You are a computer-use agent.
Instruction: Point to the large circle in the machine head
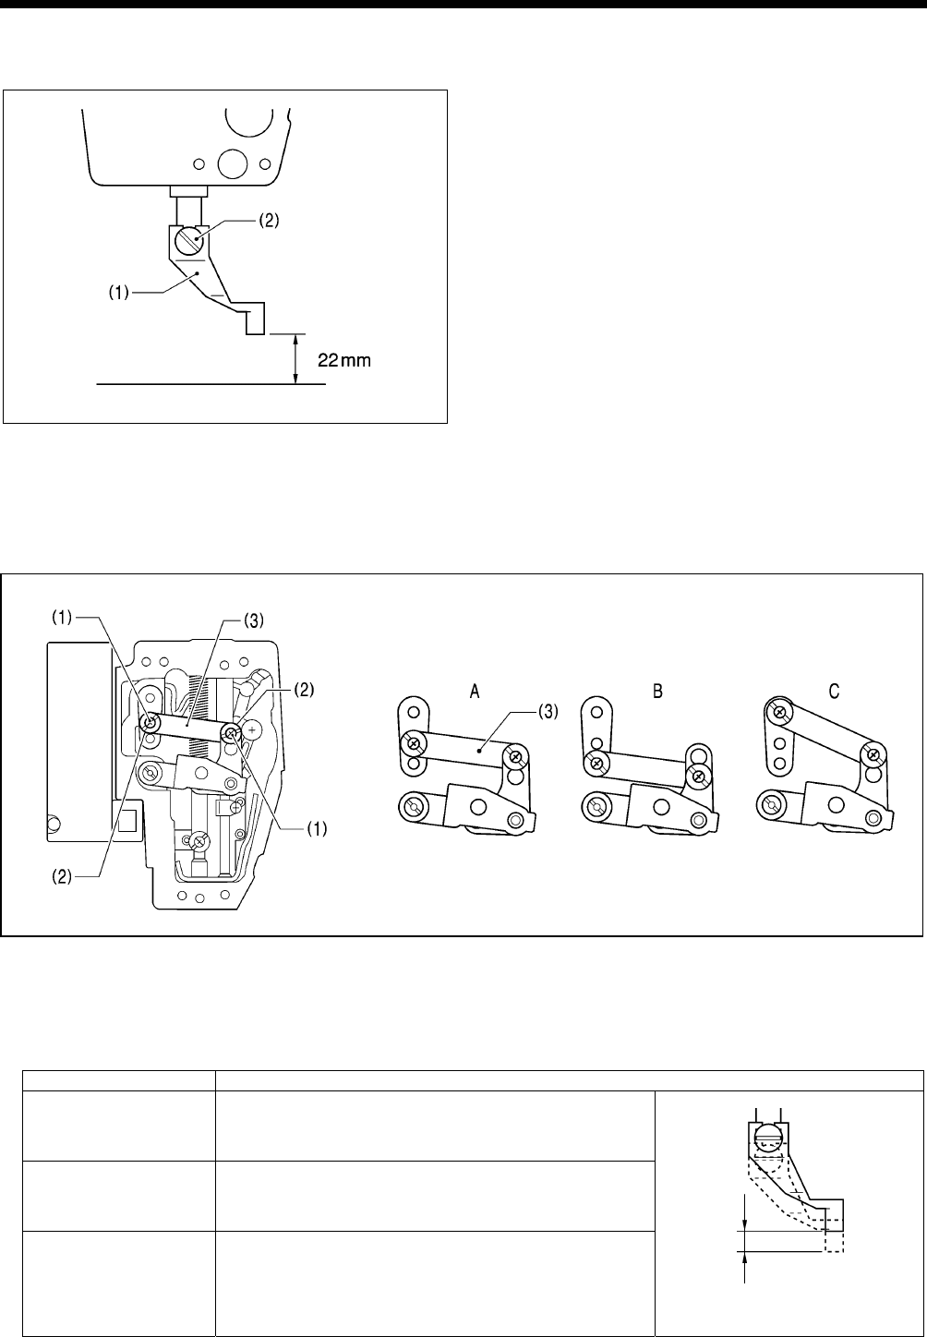[x=231, y=163]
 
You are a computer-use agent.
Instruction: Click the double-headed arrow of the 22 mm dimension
[x=295, y=357]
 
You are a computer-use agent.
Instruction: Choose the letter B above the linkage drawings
[x=656, y=691]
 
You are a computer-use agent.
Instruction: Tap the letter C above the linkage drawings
[x=834, y=691]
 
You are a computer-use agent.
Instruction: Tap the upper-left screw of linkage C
[x=781, y=712]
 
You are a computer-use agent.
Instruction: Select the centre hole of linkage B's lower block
[x=660, y=806]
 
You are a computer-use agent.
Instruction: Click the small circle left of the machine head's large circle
[x=198, y=164]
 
